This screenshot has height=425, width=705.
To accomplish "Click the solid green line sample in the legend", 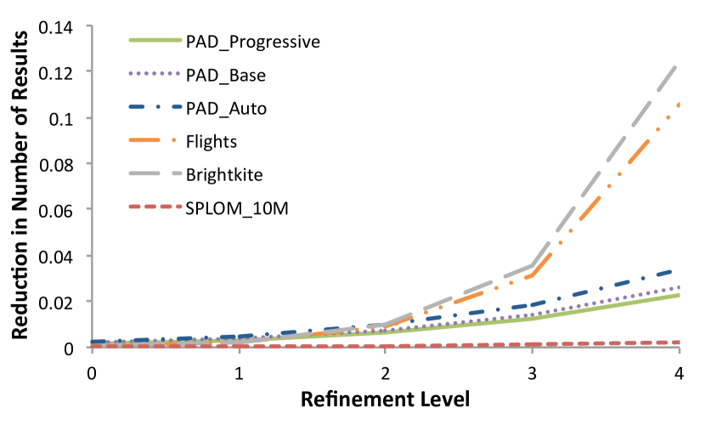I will click(155, 40).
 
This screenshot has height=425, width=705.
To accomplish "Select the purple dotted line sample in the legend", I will click(155, 74).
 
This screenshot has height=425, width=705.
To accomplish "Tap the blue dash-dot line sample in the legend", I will click(155, 107).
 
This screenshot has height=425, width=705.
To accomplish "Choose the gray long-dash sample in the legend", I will click(155, 173).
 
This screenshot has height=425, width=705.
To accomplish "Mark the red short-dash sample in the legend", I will click(155, 207).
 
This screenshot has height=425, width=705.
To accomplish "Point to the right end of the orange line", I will click(679, 104).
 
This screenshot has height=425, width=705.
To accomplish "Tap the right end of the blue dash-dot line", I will click(679, 270).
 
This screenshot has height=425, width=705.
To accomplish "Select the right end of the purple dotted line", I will click(679, 287).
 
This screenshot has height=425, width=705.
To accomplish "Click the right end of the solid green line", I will click(679, 295).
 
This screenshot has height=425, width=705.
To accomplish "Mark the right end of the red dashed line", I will click(679, 342).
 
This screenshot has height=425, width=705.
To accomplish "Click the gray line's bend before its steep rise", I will click(533, 264).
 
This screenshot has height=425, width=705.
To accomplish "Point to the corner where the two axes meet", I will click(92, 347).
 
